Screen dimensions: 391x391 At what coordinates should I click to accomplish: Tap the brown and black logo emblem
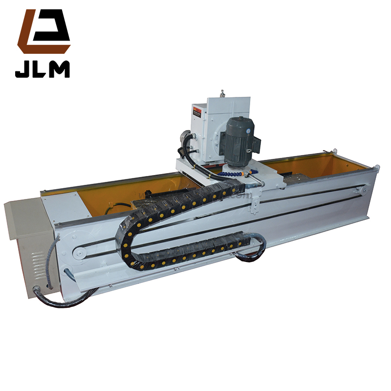pyautogui.click(x=43, y=32)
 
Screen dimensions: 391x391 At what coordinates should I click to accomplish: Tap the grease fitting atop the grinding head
pyautogui.click(x=222, y=93)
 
